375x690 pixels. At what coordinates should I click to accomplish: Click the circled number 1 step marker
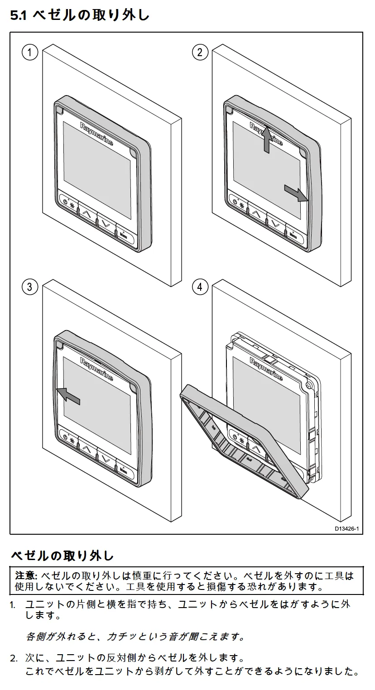(x=29, y=53)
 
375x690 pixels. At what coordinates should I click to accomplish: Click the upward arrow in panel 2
(x=266, y=139)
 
